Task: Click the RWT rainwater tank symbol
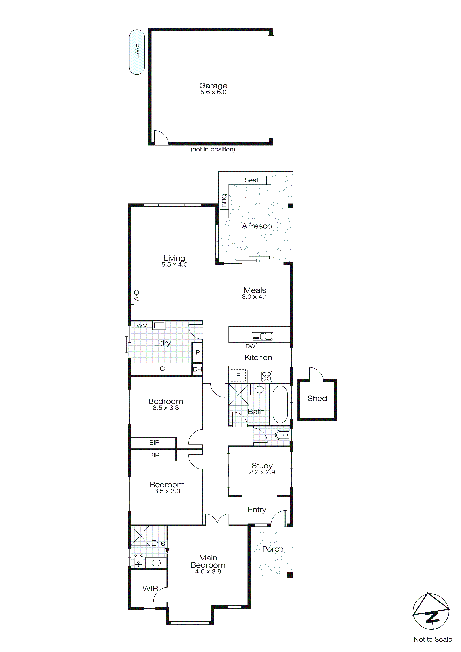tap(137, 52)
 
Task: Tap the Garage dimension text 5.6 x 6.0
tap(213, 92)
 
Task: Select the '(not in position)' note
tap(213, 149)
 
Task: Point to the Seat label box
tap(251, 180)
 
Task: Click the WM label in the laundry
tap(142, 326)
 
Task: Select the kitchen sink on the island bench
tap(262, 336)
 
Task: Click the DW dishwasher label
tap(250, 346)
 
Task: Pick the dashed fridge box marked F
tap(238, 376)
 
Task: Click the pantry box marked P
tap(197, 352)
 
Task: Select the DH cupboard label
tap(197, 369)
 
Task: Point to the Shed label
tap(317, 398)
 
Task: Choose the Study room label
tap(262, 466)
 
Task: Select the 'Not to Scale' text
tap(433, 639)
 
